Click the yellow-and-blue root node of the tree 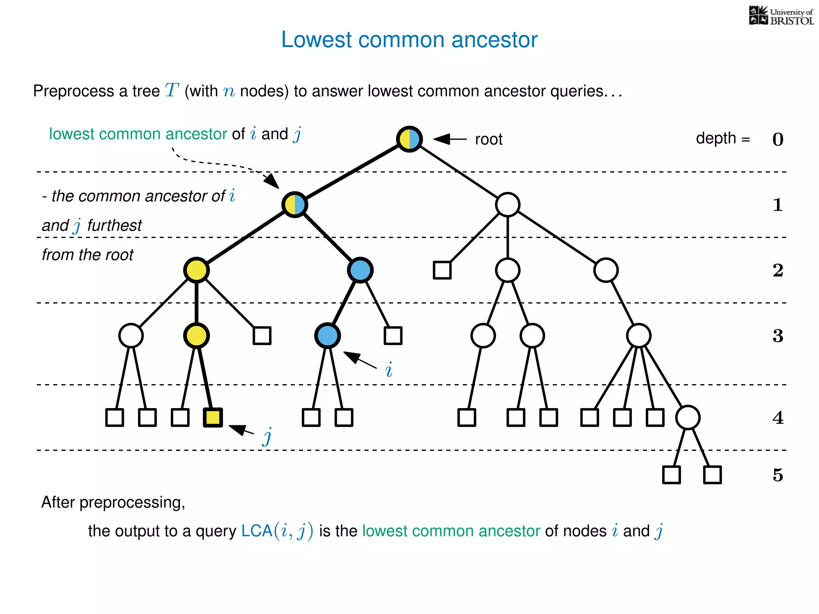pos(409,139)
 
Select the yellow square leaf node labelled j pos(213,417)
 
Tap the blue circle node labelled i pos(328,335)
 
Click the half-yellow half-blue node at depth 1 pos(295,205)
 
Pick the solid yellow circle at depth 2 pos(196,270)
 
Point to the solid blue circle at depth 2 pos(360,270)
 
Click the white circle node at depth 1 pos(507,205)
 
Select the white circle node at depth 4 pos(687,417)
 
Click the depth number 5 pos(777,475)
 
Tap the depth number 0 pos(777,140)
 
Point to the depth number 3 pos(777,336)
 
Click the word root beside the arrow pos(489,140)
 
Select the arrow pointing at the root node pos(450,139)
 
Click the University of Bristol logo pos(781,16)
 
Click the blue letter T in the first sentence pos(172,90)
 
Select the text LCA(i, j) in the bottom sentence pos(277,531)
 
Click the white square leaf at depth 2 pos(442,270)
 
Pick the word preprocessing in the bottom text pos(132,502)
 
